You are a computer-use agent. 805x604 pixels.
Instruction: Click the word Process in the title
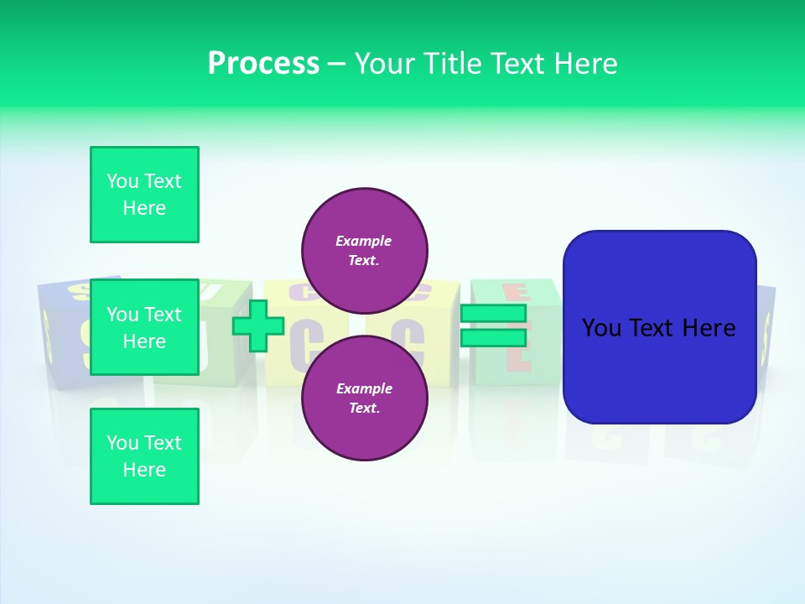(x=263, y=64)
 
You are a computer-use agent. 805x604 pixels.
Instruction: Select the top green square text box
(x=144, y=195)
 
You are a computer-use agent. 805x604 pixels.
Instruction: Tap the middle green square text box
(x=144, y=327)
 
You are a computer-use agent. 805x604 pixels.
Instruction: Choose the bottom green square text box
(x=144, y=456)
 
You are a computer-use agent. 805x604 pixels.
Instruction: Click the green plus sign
(x=258, y=326)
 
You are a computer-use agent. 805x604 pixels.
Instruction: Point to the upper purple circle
(x=364, y=250)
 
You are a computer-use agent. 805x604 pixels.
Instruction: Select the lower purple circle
(x=364, y=398)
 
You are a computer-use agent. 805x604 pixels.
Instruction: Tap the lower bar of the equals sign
(x=493, y=338)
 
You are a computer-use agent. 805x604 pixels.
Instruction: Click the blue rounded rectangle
(x=659, y=369)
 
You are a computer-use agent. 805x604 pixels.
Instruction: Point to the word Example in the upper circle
(x=363, y=241)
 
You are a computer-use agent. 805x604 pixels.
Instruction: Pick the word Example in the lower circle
(x=363, y=388)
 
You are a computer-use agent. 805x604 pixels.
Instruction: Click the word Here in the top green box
(x=144, y=208)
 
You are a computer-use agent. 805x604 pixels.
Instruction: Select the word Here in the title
(x=586, y=64)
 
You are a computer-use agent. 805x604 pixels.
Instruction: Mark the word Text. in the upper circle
(x=363, y=261)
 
